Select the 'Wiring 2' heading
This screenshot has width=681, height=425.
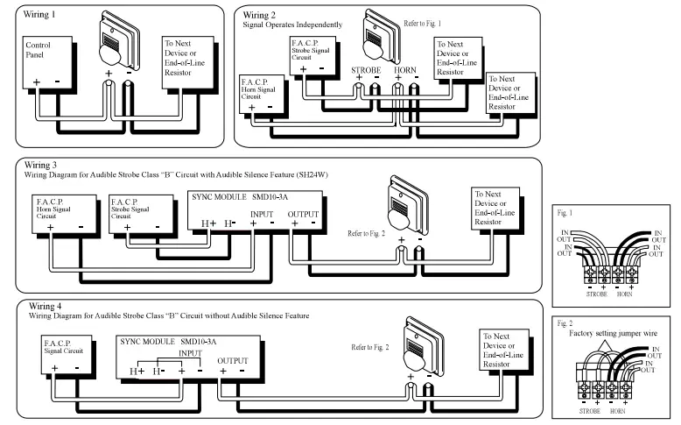pos(261,15)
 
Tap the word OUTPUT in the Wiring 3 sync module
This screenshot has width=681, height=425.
pos(303,213)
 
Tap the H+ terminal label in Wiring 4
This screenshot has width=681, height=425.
pos(135,372)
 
